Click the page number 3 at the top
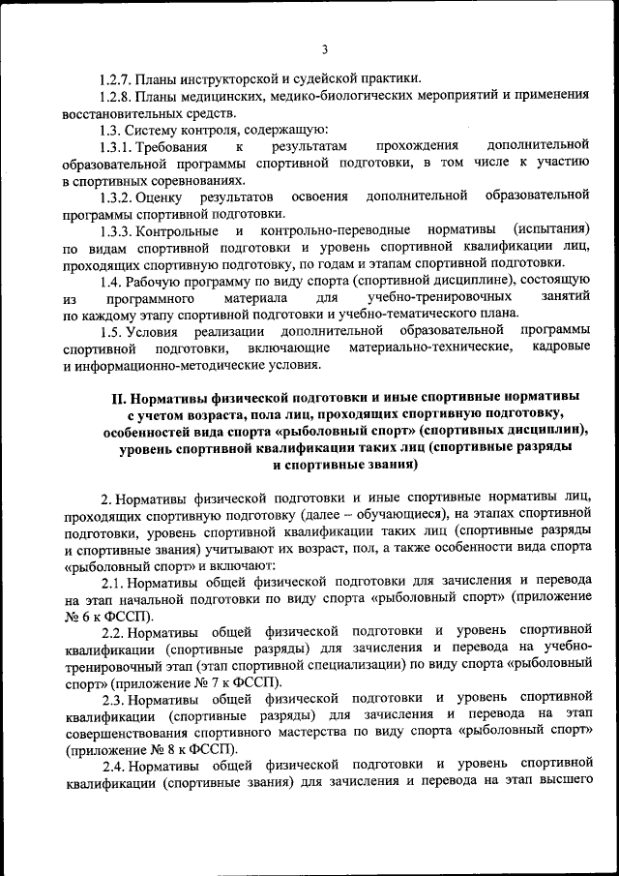[325, 49]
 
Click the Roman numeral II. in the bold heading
[120, 398]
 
